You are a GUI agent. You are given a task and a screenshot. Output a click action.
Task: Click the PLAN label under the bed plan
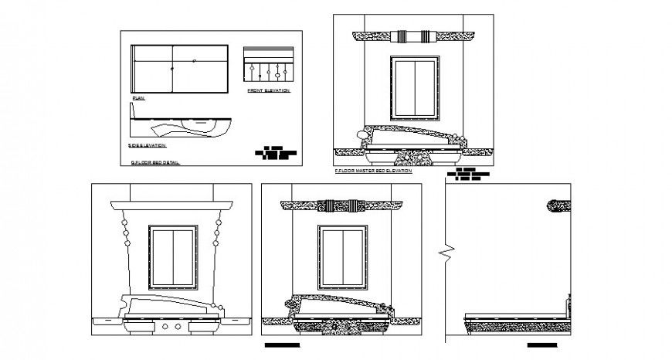(x=138, y=98)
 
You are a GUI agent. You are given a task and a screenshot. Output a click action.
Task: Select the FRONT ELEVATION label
(x=268, y=90)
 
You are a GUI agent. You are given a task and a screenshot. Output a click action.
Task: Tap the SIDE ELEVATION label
(x=148, y=144)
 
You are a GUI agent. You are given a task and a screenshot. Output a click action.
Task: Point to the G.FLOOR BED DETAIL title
(x=154, y=163)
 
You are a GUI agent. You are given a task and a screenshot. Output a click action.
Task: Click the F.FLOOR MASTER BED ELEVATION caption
(x=373, y=172)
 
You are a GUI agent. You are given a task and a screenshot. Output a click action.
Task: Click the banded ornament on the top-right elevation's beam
(x=415, y=36)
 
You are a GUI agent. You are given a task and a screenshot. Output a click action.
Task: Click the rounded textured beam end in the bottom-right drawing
(x=558, y=205)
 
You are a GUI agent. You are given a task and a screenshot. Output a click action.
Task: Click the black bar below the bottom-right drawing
(x=543, y=345)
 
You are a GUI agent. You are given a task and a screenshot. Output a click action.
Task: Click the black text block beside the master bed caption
(x=472, y=174)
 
